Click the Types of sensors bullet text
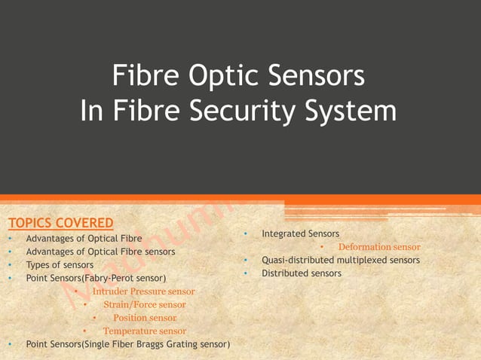point(60,265)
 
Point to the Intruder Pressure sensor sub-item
point(143,291)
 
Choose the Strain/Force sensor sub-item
point(144,304)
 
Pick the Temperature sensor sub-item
point(145,331)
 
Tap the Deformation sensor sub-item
point(379,247)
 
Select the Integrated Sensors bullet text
point(300,234)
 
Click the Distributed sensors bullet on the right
point(302,273)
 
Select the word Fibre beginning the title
point(143,77)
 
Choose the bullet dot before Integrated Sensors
point(246,234)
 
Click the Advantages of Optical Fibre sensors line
point(100,252)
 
